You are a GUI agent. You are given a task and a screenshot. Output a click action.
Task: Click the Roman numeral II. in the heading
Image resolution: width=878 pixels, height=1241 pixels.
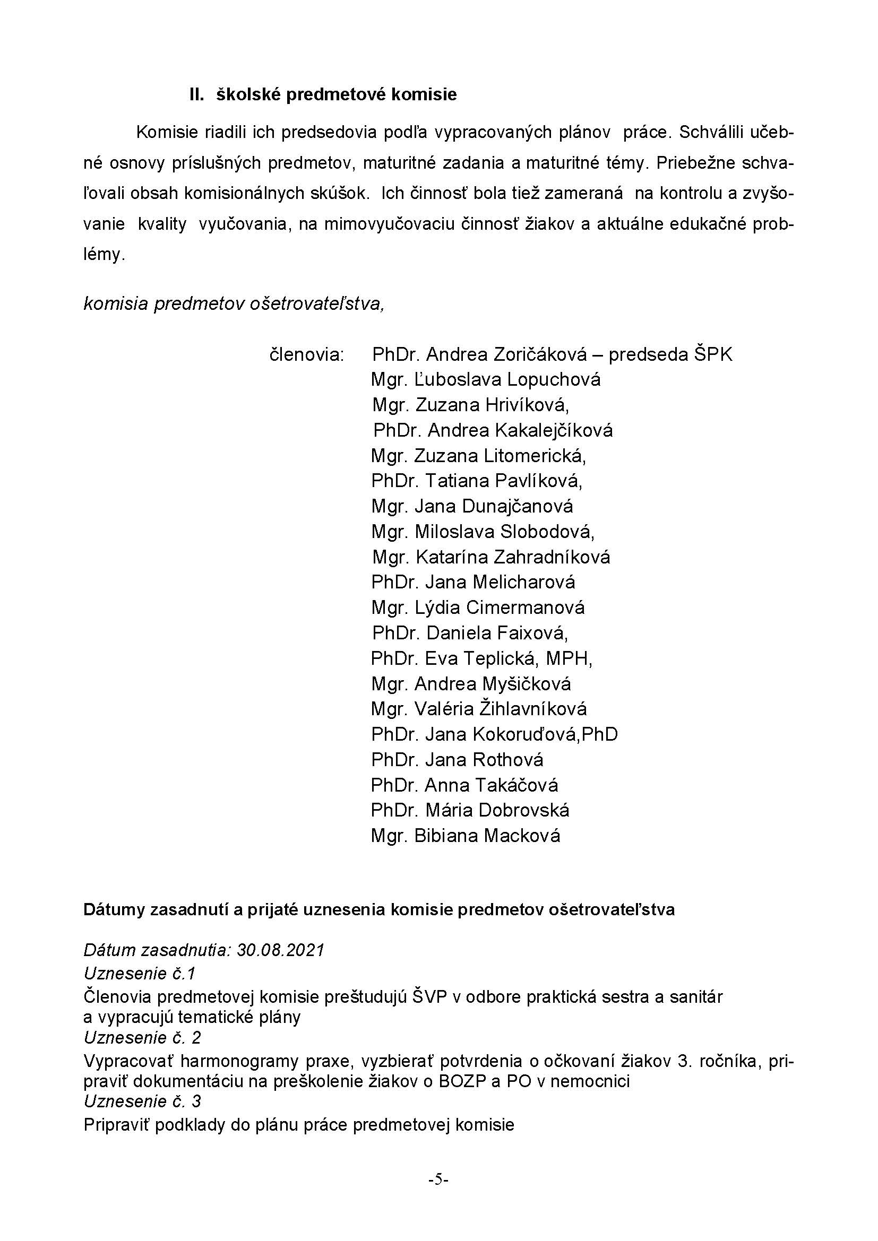click(196, 94)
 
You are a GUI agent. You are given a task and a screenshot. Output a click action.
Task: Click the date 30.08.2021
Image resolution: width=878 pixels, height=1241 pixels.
click(281, 950)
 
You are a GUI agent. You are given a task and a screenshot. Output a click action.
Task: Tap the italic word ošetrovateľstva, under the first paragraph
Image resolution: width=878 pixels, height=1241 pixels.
click(316, 305)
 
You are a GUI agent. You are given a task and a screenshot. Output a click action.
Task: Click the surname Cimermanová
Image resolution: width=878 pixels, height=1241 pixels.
click(525, 608)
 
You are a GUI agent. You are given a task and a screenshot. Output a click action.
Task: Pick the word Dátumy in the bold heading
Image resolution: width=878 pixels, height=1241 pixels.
click(113, 910)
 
